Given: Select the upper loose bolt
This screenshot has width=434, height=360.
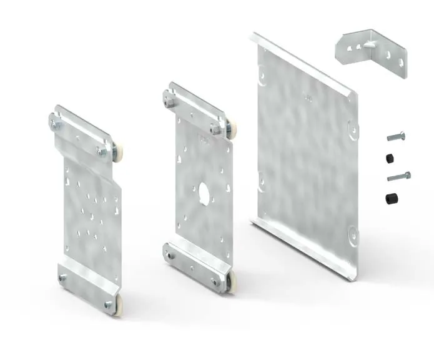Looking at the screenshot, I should pyautogui.click(x=395, y=136).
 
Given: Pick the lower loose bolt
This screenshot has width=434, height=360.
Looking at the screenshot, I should pyautogui.click(x=398, y=177).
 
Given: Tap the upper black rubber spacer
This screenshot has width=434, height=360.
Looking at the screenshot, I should pyautogui.click(x=391, y=156).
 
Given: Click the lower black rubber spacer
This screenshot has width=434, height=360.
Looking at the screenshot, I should pyautogui.click(x=392, y=199).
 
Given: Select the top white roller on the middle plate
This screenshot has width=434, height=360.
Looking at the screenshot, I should pyautogui.click(x=232, y=130).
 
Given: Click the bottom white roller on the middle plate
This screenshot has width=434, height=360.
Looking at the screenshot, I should pyautogui.click(x=231, y=284).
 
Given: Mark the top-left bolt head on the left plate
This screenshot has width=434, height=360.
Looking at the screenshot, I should pyautogui.click(x=53, y=124).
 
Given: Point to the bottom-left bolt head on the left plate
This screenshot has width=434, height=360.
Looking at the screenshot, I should pyautogui.click(x=62, y=279).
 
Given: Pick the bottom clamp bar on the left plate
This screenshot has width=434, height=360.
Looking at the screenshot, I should pyautogui.click(x=87, y=291).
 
